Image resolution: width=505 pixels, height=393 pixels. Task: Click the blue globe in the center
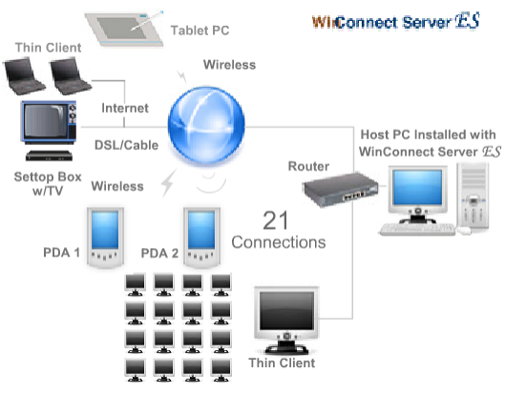coord(206,126)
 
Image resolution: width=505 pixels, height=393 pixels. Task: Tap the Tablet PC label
coord(200,31)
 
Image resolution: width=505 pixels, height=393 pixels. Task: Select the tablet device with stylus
coord(124,29)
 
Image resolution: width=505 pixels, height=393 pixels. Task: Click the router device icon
coord(341,189)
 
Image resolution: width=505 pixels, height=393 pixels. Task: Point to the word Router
coord(308,166)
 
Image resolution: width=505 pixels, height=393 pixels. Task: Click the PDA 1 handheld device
coord(105,238)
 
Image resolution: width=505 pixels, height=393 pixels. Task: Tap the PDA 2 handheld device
coord(201,238)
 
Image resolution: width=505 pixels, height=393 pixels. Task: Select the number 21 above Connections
coord(275,220)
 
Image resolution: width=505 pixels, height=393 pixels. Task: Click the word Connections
coord(279,242)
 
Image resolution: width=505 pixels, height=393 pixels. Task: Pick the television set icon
coord(49,122)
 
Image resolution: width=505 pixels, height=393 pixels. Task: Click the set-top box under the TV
coord(49,155)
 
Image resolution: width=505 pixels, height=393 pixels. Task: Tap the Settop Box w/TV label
coord(48,184)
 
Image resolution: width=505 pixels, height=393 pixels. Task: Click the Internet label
coord(125,108)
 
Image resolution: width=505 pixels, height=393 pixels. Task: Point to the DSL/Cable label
coord(126,146)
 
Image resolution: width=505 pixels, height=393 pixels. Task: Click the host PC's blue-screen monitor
coord(417,195)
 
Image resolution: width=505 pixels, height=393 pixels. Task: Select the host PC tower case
coord(473,197)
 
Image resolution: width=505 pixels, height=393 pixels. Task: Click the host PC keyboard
coord(417,230)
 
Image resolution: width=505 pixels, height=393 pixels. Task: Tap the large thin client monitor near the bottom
coord(286,320)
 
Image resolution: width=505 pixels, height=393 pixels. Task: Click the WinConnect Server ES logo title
coord(396,21)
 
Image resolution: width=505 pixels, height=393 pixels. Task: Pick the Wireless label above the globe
coord(230,65)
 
